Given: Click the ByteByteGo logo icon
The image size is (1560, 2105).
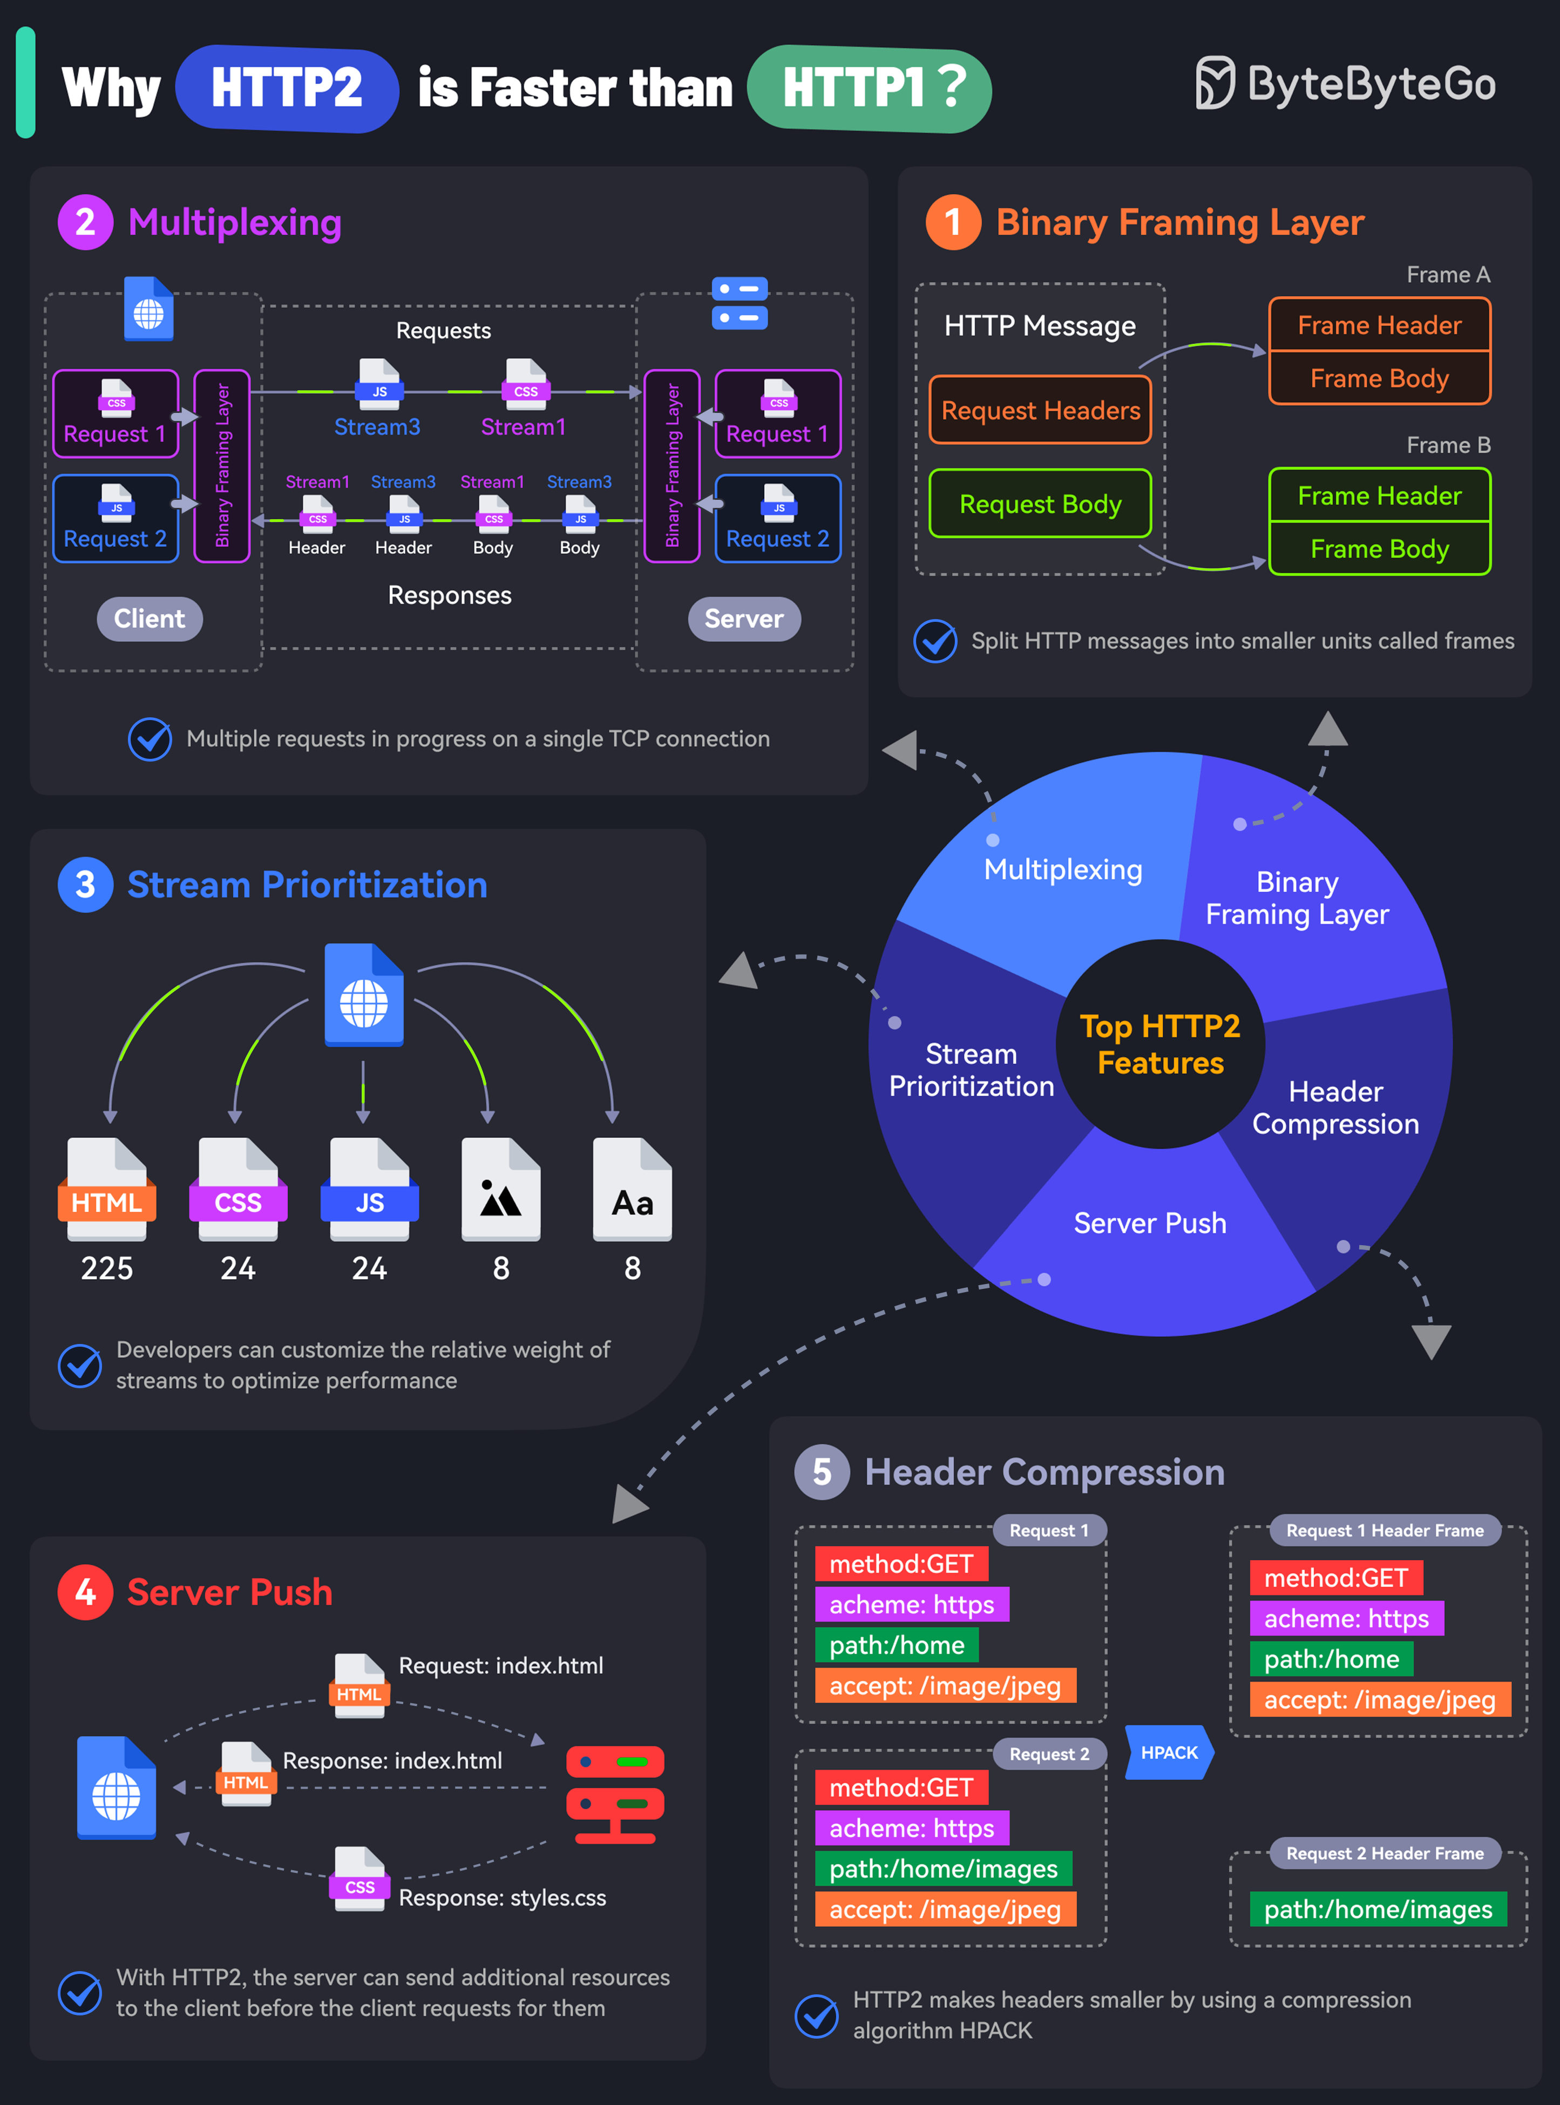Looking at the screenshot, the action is coord(1215,83).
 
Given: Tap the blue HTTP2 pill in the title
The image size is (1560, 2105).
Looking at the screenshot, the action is coord(287,89).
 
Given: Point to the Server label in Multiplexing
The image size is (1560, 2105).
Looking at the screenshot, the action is coord(744,619).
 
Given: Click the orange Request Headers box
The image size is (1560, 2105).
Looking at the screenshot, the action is coord(1041,410).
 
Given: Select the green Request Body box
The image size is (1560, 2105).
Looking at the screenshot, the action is coord(1041,504).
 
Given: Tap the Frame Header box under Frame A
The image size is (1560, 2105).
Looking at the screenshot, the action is coord(1380,325).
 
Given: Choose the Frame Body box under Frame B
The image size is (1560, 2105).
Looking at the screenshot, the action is coord(1380,548).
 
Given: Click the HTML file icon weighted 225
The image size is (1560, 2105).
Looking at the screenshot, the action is coord(107,1190).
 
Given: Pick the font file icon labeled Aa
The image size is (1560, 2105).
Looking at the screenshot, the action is coord(633,1190).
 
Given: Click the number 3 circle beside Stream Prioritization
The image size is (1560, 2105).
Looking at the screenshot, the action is coord(85,885).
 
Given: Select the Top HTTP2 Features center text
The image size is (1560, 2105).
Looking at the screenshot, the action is coord(1161,1044).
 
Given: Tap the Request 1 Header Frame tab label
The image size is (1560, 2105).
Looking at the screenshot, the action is coord(1385,1530).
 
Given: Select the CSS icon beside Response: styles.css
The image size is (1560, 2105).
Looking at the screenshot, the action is coord(360,1878).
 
